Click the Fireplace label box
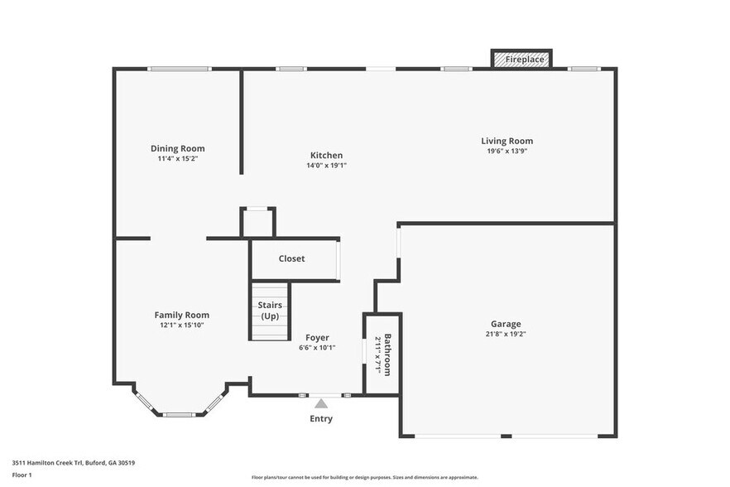tap(521, 60)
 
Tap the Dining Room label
tap(177, 148)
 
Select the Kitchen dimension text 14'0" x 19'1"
tap(326, 165)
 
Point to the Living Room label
tap(507, 141)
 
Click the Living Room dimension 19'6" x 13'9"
tap(507, 151)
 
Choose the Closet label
tap(291, 258)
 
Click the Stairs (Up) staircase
tap(270, 311)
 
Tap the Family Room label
tap(181, 315)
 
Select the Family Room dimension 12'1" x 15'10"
tap(181, 325)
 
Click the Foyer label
tap(317, 337)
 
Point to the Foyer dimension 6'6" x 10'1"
tap(317, 347)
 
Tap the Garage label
tap(506, 324)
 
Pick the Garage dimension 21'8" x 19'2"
tap(506, 334)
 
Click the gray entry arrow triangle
tap(321, 403)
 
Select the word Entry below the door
tap(321, 419)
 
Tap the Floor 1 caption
tap(22, 475)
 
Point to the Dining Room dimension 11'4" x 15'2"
tap(177, 158)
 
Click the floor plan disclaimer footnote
tap(364, 477)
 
